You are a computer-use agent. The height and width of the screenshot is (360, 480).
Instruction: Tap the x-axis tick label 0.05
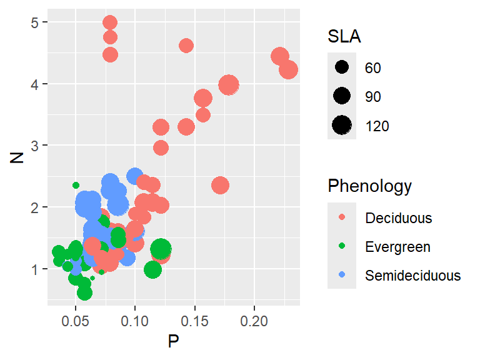76,319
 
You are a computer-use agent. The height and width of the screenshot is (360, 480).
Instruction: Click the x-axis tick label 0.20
254,319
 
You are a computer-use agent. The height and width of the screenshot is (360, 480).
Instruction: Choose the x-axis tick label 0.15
195,319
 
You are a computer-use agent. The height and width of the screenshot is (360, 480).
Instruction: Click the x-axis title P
174,341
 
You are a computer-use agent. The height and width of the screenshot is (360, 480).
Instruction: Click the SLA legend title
344,37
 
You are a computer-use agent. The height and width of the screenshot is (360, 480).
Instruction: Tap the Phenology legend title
369,186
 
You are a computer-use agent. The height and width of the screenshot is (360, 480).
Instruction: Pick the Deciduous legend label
399,218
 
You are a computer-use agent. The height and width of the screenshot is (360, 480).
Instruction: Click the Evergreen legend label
397,247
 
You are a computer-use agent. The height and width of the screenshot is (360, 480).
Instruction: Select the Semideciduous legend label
413,276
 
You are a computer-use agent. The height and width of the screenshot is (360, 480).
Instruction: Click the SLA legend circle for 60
342,67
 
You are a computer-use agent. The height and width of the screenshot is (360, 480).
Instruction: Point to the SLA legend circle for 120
342,126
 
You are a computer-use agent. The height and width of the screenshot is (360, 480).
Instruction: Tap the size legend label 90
373,97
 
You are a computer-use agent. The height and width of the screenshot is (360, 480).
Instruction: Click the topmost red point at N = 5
110,23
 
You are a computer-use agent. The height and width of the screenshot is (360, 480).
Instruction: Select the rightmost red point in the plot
288,69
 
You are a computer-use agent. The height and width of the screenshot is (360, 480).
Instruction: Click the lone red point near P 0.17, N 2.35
220,185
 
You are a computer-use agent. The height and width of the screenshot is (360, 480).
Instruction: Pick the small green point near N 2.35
76,185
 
